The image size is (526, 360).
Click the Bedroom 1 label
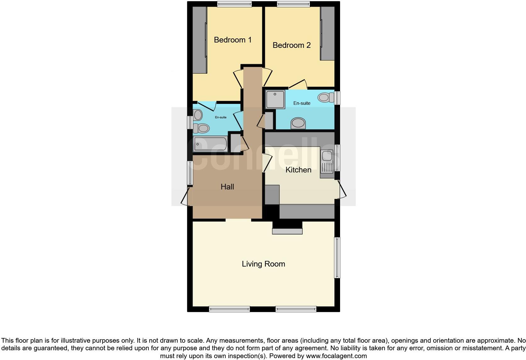(232, 40)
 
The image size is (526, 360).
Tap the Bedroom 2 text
(291, 45)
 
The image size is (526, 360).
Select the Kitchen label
(298, 170)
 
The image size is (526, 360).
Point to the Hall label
(227, 187)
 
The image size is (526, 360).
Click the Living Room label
(263, 264)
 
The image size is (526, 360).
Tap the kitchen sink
(327, 162)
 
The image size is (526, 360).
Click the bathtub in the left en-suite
(210, 144)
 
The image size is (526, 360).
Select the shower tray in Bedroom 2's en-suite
(275, 99)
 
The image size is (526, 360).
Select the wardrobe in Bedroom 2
(327, 33)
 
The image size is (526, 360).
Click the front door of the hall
(186, 196)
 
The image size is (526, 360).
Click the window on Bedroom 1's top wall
(234, 4)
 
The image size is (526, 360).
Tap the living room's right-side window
(337, 258)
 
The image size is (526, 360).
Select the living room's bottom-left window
(229, 309)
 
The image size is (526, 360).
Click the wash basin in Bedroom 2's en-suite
(298, 123)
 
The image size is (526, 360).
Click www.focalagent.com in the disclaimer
(336, 356)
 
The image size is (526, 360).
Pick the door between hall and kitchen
(267, 163)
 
